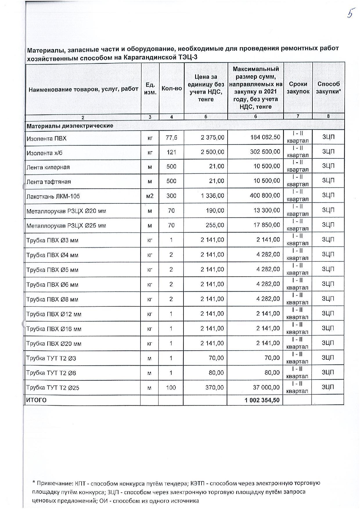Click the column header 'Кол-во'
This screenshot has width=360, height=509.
pyautogui.click(x=172, y=88)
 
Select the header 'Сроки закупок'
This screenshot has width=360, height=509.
pyautogui.click(x=298, y=88)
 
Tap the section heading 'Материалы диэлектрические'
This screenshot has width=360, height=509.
pyautogui.click(x=70, y=126)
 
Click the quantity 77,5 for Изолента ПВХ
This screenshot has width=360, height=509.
pyautogui.click(x=171, y=138)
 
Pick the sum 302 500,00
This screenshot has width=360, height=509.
pyautogui.click(x=265, y=152)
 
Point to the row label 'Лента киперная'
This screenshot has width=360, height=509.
pyautogui.click(x=48, y=167)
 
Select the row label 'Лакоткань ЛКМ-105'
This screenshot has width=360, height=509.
pyautogui.click(x=53, y=196)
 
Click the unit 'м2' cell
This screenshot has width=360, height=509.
pyautogui.click(x=150, y=196)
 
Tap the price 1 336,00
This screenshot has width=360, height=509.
pyautogui.click(x=213, y=196)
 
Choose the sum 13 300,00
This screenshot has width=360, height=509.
pyautogui.click(x=267, y=210)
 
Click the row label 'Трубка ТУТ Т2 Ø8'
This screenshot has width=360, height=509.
pyautogui.click(x=51, y=373)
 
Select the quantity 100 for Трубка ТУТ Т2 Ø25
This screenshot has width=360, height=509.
pyautogui.click(x=171, y=387)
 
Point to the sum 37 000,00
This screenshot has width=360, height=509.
pyautogui.click(x=267, y=387)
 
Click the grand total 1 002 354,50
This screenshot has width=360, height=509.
pyautogui.click(x=262, y=400)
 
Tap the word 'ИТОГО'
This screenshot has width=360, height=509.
pyautogui.click(x=37, y=400)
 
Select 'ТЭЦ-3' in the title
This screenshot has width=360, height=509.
pyautogui.click(x=188, y=57)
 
